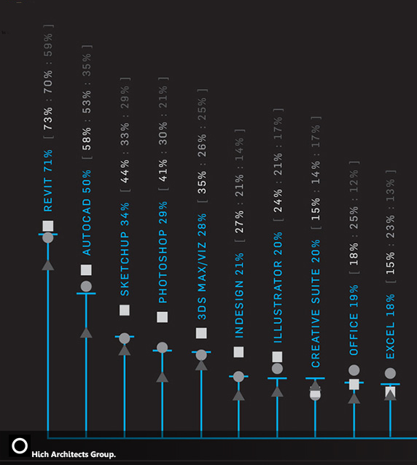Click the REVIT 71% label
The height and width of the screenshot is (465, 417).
pyautogui.click(x=48, y=181)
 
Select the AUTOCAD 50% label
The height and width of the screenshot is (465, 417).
pyautogui.click(x=86, y=213)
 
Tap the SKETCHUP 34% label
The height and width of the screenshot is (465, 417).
pyautogui.click(x=125, y=249)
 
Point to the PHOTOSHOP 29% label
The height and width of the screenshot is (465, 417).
pyautogui.click(x=163, y=252)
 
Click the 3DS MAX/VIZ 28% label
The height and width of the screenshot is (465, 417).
pyautogui.click(x=202, y=267)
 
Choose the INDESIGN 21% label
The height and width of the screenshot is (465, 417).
pyautogui.click(x=239, y=295)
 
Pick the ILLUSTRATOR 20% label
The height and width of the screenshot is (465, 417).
pyautogui.click(x=278, y=288)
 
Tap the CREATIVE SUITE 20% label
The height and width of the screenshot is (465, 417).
pyautogui.click(x=316, y=303)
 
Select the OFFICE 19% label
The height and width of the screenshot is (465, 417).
pyautogui.click(x=354, y=320)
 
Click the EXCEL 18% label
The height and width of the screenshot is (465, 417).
pyautogui.click(x=390, y=327)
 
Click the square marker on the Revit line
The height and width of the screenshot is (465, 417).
pyautogui.click(x=48, y=226)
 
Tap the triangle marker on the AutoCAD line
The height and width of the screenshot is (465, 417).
pyautogui.click(x=86, y=333)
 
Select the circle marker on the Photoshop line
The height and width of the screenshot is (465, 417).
pyautogui.click(x=163, y=347)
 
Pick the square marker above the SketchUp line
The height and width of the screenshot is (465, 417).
pyautogui.click(x=125, y=310)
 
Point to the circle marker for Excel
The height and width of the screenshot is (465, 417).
pyautogui.click(x=390, y=373)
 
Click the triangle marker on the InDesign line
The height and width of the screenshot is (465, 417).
pyautogui.click(x=238, y=395)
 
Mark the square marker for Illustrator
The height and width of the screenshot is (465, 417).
pyautogui.click(x=277, y=356)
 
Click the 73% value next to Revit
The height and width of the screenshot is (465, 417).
pyautogui.click(x=48, y=119)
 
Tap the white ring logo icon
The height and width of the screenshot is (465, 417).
pyautogui.click(x=20, y=446)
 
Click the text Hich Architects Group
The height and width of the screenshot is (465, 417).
pyautogui.click(x=74, y=454)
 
